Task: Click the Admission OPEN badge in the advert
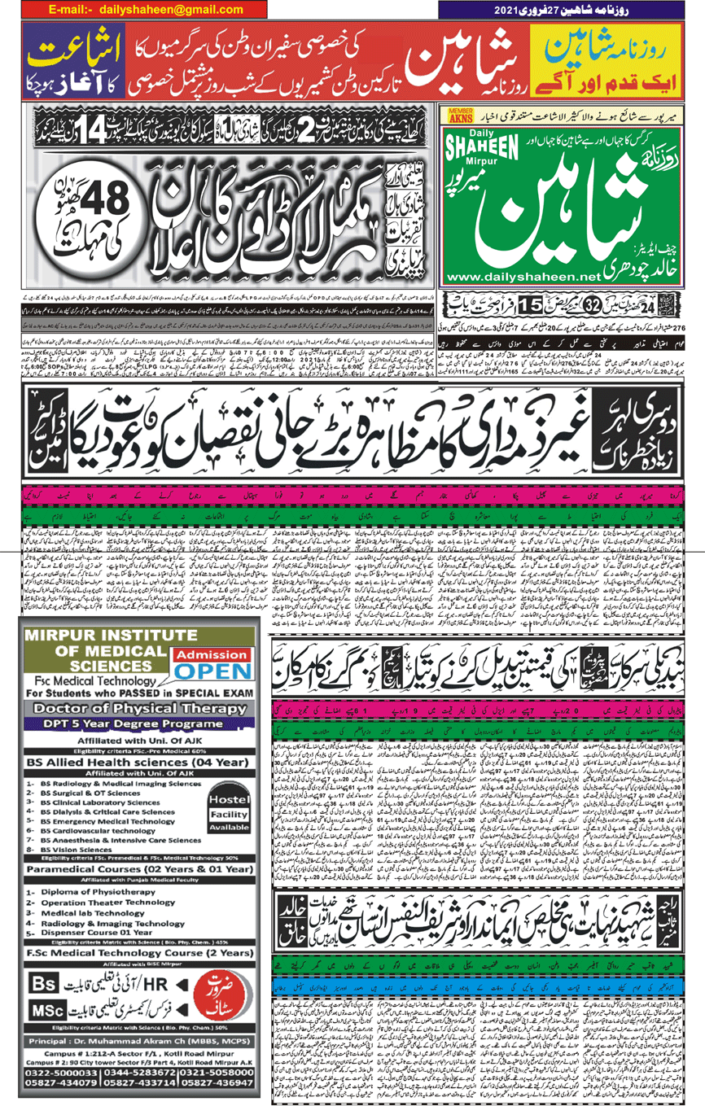pos(214,664)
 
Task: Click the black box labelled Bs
pos(42,983)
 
